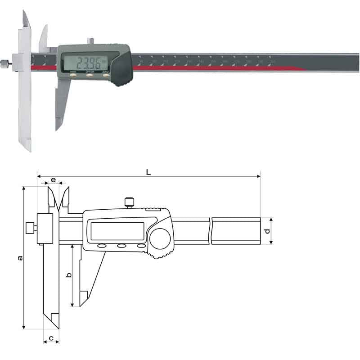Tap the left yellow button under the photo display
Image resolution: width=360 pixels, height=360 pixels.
[72, 75]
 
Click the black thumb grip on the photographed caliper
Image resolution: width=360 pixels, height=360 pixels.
[122, 72]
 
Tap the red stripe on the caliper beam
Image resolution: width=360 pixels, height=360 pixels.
[216, 68]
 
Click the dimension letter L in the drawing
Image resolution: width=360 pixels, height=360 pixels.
[148, 171]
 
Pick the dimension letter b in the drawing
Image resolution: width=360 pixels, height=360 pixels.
[68, 274]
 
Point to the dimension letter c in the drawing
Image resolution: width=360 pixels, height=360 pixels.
[51, 337]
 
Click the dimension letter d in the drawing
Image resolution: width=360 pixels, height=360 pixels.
[267, 231]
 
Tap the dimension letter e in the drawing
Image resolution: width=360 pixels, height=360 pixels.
[54, 180]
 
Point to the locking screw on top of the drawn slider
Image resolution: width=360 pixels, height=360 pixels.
[130, 202]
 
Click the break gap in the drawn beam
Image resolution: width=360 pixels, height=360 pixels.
[211, 231]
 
